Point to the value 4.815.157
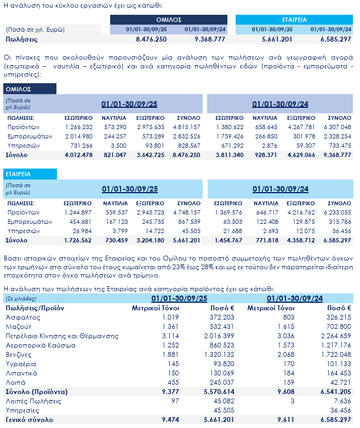click(x=187, y=127)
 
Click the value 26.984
click(x=81, y=231)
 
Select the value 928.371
click(x=265, y=155)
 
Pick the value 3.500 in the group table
click(x=118, y=146)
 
